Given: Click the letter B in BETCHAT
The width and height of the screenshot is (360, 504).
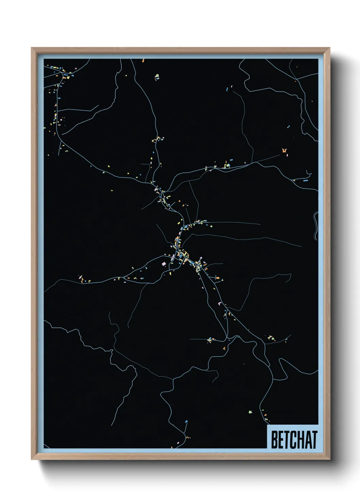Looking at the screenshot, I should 274,440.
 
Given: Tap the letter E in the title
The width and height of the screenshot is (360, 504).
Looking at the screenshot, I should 281,440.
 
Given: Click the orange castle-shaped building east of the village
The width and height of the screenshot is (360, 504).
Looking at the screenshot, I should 284,150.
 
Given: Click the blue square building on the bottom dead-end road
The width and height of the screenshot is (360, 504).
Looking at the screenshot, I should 186,422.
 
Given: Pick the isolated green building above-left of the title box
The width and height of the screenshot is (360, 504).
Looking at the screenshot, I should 250,412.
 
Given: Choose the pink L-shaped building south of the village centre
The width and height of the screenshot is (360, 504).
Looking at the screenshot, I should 220,303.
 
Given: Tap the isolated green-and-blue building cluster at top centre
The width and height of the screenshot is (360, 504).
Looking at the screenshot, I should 157,77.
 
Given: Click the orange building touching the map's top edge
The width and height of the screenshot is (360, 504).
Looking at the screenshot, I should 143,60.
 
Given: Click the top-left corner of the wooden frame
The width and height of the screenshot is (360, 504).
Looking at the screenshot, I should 32,48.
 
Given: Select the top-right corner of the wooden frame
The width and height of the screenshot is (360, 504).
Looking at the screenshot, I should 329,48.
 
